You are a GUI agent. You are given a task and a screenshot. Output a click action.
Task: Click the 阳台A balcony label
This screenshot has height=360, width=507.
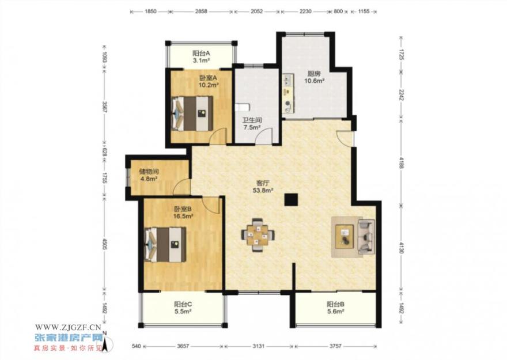tap(201, 54)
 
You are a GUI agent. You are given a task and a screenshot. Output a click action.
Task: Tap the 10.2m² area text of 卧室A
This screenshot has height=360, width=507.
tap(208, 85)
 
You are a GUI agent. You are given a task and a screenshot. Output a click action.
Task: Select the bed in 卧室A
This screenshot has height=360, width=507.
tap(192, 113)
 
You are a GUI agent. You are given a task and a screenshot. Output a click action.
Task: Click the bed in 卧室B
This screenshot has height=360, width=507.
tap(165, 244)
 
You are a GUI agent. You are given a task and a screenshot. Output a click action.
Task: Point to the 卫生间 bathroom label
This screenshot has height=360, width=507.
tap(252, 120)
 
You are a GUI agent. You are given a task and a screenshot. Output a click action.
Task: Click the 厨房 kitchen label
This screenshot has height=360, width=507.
tap(315, 74)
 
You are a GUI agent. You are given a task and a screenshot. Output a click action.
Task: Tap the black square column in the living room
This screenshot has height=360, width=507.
tap(291, 199)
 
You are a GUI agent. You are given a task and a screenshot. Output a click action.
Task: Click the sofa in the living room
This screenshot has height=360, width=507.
tap(366, 237)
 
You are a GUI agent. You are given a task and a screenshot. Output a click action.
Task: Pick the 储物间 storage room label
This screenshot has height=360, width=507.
tap(149, 171)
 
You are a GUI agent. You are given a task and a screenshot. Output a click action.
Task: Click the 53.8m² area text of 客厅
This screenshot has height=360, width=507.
tap(263, 190)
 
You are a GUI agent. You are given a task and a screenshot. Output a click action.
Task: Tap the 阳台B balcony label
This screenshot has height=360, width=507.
tap(335, 305)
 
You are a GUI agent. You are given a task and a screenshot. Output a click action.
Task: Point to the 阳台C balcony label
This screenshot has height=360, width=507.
tap(183, 305)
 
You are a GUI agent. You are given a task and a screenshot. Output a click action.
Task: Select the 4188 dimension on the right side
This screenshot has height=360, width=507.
tap(401, 163)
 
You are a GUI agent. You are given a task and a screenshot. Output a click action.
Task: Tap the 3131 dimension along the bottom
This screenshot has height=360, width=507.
tap(259, 346)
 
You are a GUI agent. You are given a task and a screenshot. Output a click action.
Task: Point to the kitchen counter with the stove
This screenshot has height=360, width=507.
tap(288, 94)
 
